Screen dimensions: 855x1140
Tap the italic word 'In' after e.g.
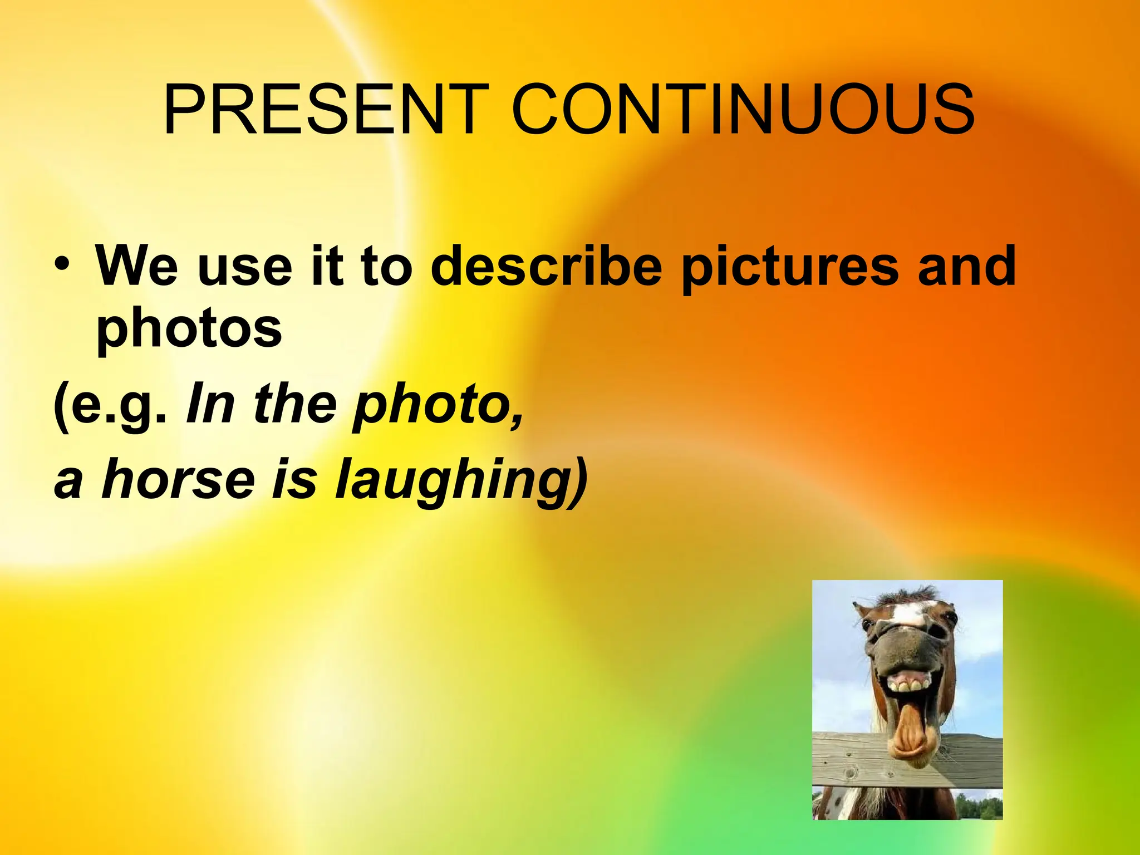coord(209,404)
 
